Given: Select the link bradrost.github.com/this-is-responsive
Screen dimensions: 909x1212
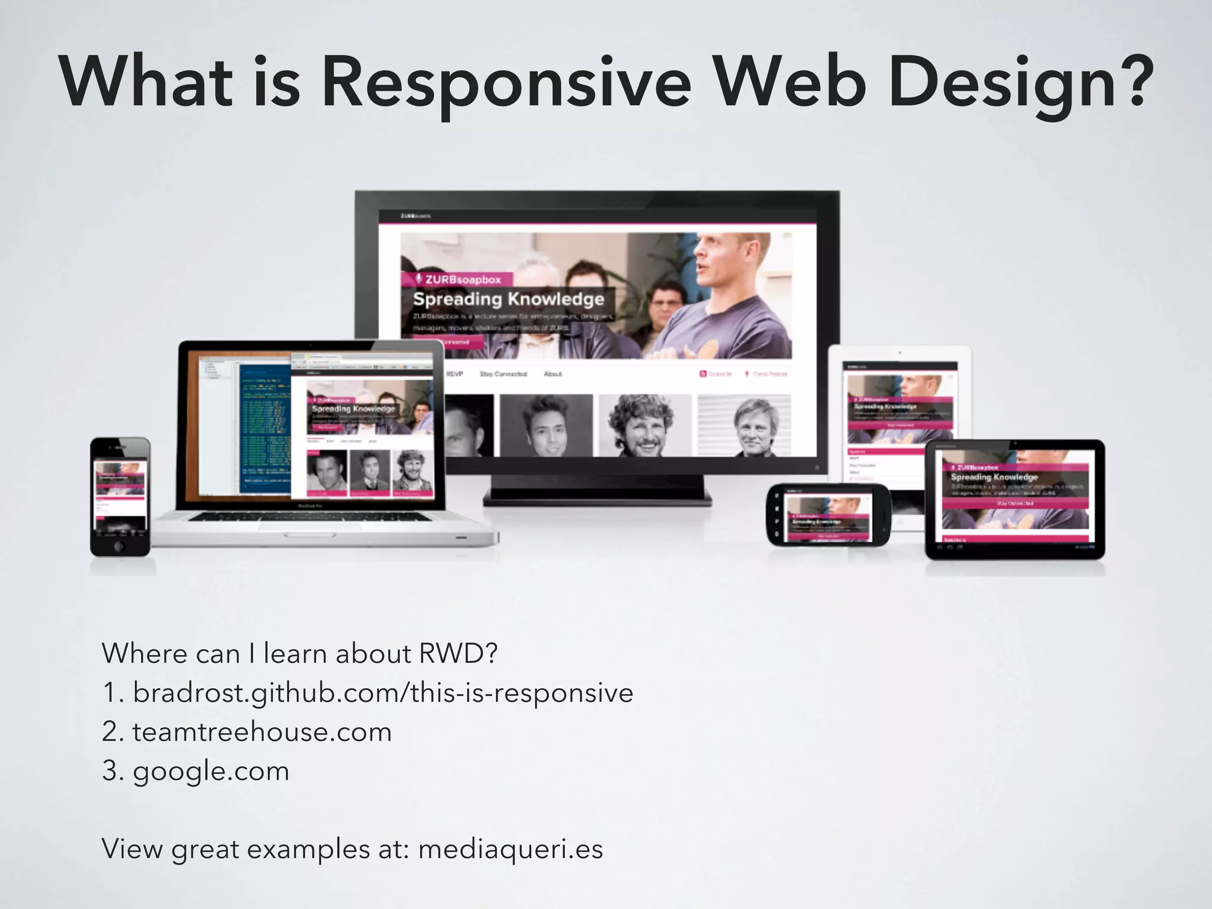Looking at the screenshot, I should point(383,692).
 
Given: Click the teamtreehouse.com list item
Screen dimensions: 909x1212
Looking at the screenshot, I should point(262,732).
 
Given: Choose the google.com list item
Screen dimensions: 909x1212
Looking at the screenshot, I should point(211,771).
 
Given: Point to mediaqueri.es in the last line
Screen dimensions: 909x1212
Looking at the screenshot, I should point(511,849).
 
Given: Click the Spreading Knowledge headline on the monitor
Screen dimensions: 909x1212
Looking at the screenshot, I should point(508,299).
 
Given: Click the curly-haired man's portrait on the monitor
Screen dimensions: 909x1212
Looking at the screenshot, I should point(644,425).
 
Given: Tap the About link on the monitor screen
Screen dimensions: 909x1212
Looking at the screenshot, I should point(553,374).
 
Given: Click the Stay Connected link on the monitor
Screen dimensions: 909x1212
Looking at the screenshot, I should point(503,374).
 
